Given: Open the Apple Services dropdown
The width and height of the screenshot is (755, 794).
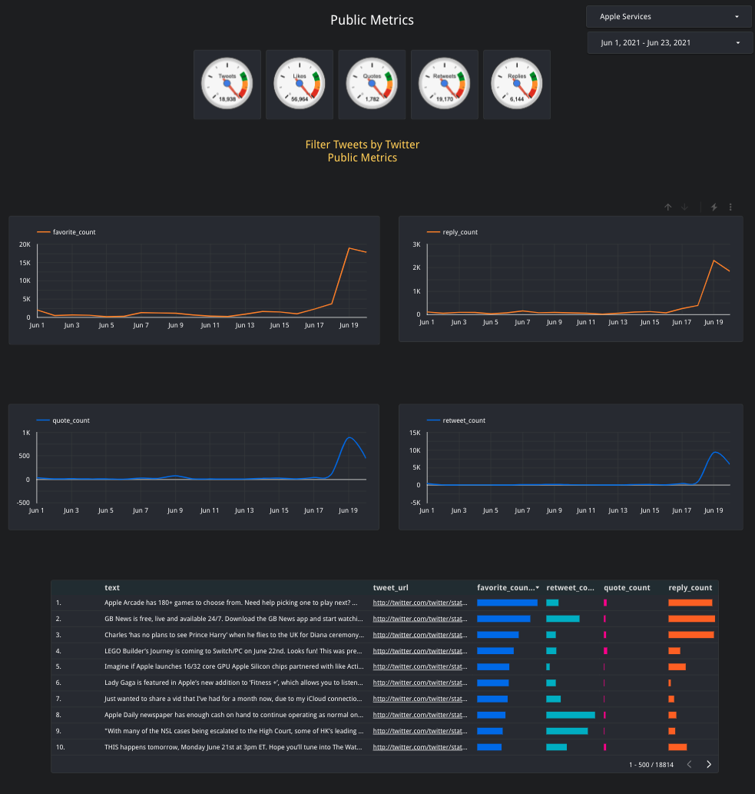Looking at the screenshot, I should click(667, 16).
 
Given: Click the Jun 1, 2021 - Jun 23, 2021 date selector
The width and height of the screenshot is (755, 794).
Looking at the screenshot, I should click(669, 43).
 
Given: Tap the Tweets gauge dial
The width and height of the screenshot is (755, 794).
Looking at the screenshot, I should click(227, 84).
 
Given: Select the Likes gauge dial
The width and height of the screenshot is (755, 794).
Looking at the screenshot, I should click(300, 84).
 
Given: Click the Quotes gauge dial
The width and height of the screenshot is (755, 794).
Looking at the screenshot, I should click(372, 84).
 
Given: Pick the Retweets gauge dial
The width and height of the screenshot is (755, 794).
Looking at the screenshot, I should click(445, 84).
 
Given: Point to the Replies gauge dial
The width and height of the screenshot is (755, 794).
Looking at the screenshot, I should click(517, 84).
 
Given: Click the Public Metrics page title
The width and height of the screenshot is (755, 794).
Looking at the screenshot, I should click(372, 20).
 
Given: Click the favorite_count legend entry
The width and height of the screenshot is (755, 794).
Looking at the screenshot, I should click(74, 232).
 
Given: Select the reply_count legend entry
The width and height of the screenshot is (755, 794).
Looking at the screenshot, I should click(460, 232).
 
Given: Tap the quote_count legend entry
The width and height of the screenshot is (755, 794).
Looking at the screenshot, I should click(71, 420).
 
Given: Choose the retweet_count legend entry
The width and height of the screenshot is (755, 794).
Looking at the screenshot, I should click(464, 420).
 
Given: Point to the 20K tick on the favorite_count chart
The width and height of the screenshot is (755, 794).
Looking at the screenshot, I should click(25, 244).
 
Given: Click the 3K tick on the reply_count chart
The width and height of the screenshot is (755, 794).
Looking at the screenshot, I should click(416, 244).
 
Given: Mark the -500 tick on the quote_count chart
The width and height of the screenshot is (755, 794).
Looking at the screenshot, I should click(23, 503).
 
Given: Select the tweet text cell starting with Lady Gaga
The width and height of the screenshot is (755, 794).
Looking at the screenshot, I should click(233, 683).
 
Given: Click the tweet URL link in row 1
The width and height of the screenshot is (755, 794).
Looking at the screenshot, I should click(419, 603).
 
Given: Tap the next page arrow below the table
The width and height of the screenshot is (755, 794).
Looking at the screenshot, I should click(708, 765).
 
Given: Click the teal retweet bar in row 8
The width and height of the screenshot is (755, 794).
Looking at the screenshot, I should click(570, 715).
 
